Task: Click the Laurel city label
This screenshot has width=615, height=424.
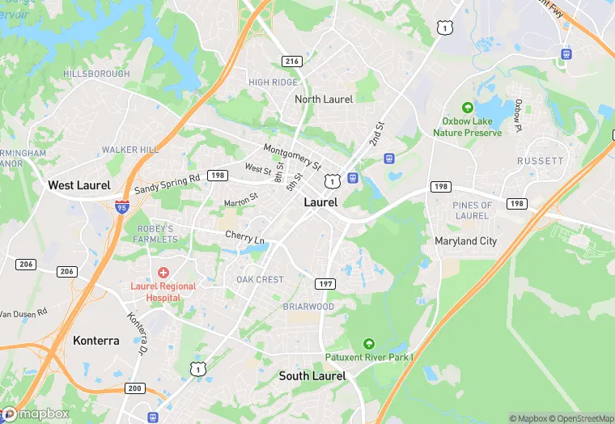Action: [320, 202]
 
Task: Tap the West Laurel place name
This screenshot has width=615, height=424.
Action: [79, 185]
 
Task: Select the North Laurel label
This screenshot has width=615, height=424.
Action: [324, 99]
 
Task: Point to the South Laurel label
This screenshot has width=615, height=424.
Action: [312, 375]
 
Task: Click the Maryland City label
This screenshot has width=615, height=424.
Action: [465, 241]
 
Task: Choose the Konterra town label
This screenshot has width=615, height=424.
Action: [95, 341]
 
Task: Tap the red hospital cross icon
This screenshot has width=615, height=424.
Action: [163, 273]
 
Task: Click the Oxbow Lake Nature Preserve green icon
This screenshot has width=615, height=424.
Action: [467, 107]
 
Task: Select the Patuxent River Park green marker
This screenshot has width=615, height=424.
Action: [369, 343]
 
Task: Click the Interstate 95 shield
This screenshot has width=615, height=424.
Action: [121, 206]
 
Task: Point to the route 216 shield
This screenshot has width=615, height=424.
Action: [291, 61]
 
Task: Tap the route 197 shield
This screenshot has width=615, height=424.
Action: [325, 284]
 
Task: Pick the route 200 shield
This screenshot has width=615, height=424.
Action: [135, 389]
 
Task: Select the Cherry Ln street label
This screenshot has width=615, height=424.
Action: [244, 238]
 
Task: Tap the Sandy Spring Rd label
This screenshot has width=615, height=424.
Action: [167, 184]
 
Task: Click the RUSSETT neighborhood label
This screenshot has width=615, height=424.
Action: [540, 161]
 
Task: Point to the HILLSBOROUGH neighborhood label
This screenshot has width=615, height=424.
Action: [96, 74]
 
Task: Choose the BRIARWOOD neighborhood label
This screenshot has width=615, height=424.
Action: [307, 307]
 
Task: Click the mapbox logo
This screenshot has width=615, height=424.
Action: [36, 413]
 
